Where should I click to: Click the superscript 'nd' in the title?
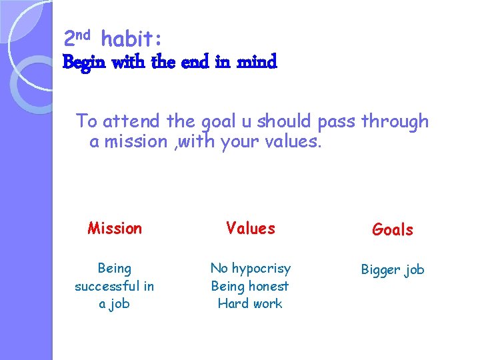point(85,34)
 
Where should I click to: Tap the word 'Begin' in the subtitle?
point(85,63)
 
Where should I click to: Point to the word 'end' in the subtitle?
point(195,63)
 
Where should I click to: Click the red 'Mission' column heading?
point(115,229)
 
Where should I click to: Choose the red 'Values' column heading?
point(251,229)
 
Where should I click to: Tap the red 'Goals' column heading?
point(393,230)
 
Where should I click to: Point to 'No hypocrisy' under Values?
point(251,268)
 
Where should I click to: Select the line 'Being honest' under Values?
point(250,286)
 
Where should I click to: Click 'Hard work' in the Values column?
point(250,303)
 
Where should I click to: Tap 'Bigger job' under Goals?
point(393,270)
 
